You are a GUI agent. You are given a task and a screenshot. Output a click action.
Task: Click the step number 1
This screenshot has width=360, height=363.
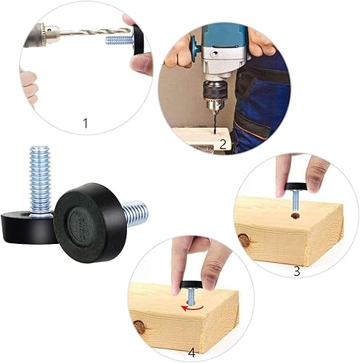pos(85,123)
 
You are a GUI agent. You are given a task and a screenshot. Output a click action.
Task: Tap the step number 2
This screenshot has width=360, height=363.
pos(223,144)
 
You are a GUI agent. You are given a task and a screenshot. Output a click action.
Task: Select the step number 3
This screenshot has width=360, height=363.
pos(297,272)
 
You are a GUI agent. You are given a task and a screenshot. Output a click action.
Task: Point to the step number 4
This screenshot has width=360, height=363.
pos(192,353)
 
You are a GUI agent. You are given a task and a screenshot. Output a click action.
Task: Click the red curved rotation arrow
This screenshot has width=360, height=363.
pos(192,308)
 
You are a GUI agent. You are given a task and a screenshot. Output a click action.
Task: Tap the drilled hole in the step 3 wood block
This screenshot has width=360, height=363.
pos(295,216)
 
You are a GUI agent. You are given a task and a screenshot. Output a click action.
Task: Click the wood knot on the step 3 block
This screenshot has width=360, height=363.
pos(245,240)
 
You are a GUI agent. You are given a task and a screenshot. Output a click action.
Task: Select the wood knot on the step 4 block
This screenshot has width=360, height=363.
pos(140,327)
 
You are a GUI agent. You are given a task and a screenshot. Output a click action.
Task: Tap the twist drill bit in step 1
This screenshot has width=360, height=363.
pos(95,32)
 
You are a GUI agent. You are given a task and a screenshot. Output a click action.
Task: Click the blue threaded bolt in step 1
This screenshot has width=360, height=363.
pos(118,40)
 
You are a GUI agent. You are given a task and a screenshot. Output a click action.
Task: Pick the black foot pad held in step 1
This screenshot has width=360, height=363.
pos(138,41)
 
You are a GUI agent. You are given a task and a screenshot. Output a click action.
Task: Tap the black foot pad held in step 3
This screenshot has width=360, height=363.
pos(296,187)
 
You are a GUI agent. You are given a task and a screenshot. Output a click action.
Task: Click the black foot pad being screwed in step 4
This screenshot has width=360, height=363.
pos(191,286)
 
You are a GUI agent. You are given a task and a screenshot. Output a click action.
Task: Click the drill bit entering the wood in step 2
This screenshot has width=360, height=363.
pos(214,123)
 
